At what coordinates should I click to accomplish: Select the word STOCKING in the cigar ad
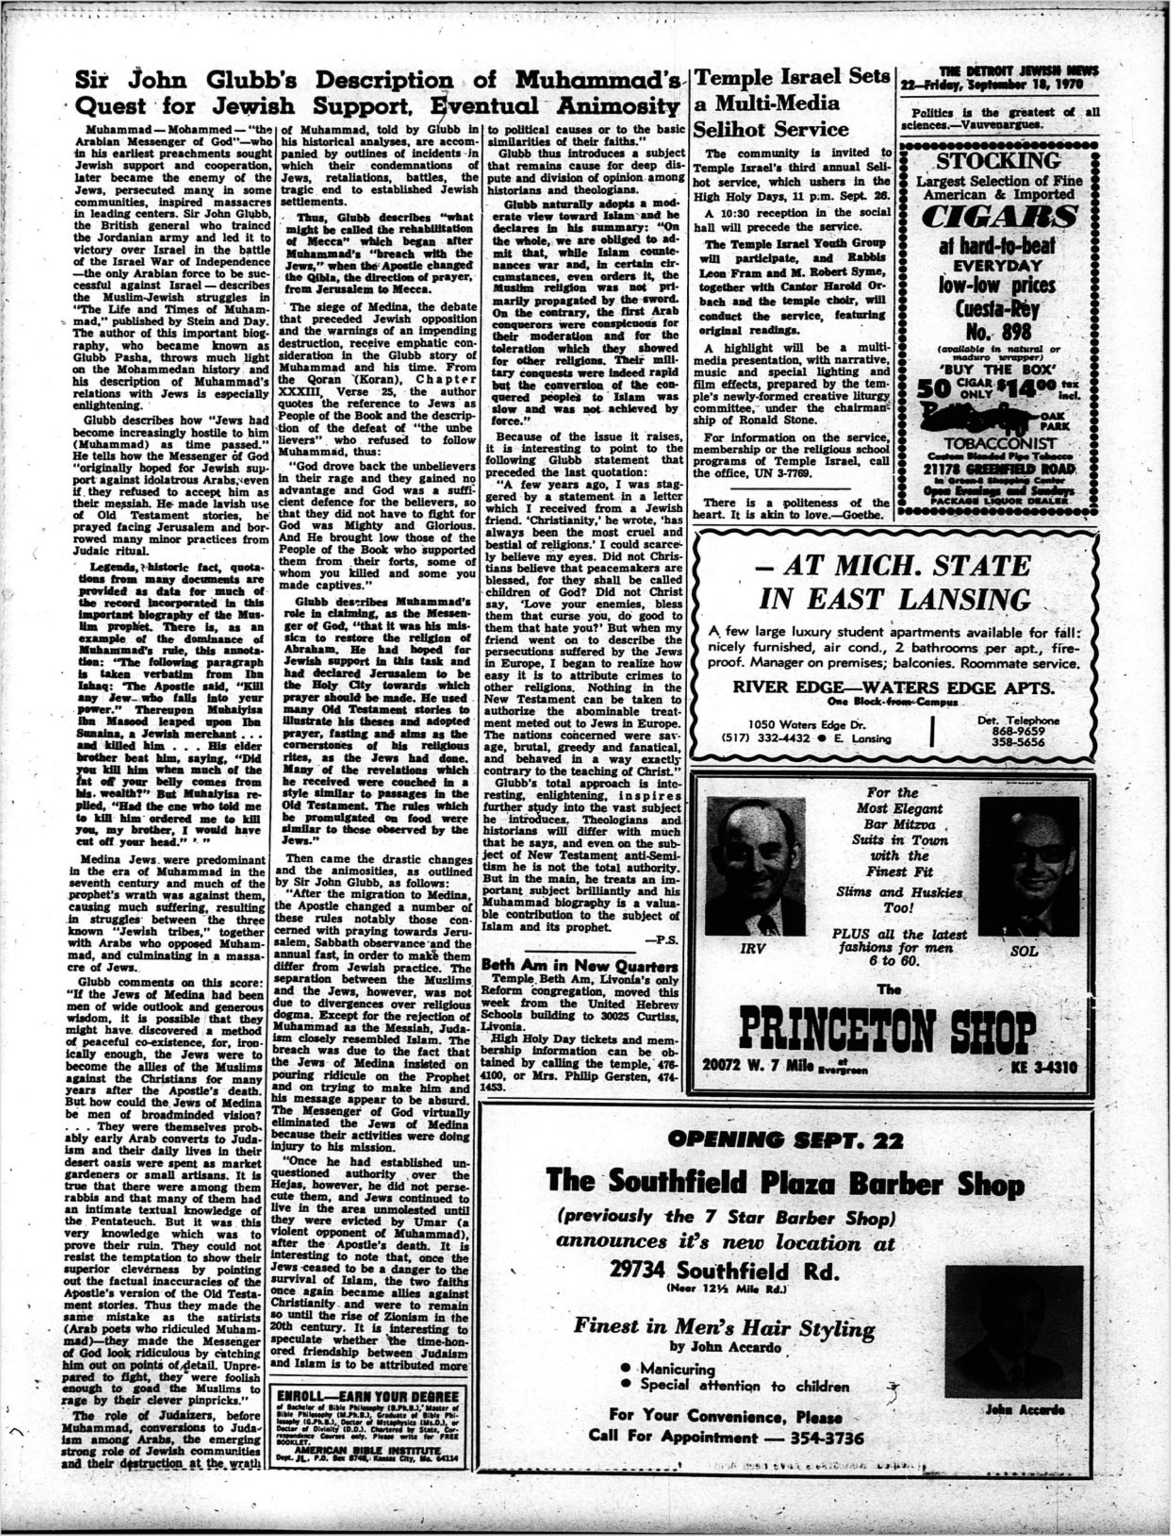click(x=998, y=161)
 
